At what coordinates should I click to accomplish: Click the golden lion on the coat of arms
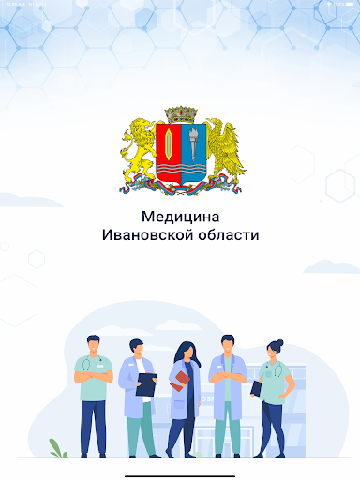(139, 150)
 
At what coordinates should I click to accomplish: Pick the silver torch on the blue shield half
(192, 144)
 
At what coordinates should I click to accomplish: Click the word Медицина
(180, 217)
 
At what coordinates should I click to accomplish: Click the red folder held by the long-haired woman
(179, 381)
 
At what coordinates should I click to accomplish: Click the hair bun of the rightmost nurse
(278, 342)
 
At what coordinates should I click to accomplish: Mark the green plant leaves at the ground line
(59, 448)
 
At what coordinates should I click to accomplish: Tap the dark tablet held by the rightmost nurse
(257, 385)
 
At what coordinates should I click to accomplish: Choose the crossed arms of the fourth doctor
(226, 377)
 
